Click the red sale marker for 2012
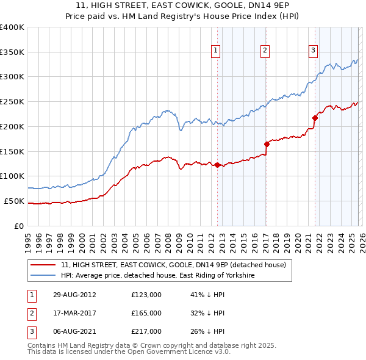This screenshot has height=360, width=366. [x=217, y=165]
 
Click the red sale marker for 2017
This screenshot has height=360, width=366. [x=267, y=144]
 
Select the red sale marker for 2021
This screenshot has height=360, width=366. [x=315, y=118]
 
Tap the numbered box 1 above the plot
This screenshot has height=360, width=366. [x=217, y=51]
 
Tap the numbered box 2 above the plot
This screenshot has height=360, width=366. [x=265, y=51]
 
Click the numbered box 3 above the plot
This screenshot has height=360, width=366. [x=313, y=51]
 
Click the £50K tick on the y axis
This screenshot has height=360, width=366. [x=13, y=201]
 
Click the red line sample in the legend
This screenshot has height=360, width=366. [x=43, y=265]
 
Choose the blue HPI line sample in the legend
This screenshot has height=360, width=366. [x=43, y=276]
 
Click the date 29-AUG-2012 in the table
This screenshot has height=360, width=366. [x=74, y=295]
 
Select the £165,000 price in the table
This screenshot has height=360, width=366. [x=146, y=313]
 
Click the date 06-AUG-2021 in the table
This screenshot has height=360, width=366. [x=74, y=331]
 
